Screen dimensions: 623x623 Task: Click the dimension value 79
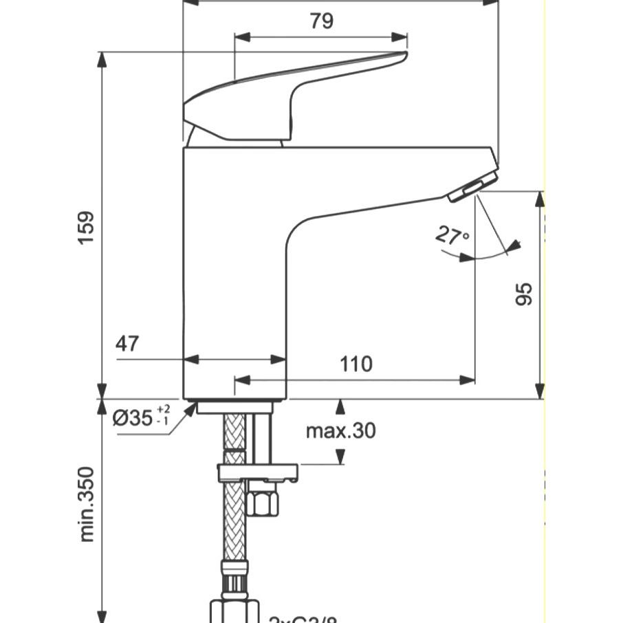[321, 21]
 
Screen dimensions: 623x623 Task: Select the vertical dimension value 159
[87, 230]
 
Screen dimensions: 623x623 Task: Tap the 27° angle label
[451, 236]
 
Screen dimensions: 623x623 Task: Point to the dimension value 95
[523, 294]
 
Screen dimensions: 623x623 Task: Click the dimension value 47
[127, 344]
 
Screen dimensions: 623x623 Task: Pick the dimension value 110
[356, 363]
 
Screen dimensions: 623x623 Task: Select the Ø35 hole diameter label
[132, 417]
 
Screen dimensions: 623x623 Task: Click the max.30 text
[341, 431]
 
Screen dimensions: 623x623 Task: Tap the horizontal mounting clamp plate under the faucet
[258, 472]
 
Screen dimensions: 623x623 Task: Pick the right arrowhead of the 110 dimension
[469, 379]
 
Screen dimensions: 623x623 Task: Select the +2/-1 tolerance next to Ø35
[163, 414]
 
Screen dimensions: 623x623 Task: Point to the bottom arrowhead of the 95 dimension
[540, 391]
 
